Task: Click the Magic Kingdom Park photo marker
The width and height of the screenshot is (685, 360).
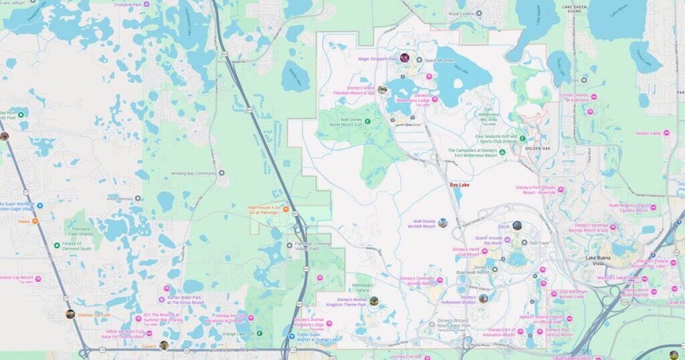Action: point(405,58)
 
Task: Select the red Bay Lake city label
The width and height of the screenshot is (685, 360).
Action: point(460,184)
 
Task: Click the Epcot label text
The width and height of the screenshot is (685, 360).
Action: point(504,227)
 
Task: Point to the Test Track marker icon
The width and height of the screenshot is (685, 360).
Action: point(524,242)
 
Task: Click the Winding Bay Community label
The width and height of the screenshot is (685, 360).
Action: point(194,173)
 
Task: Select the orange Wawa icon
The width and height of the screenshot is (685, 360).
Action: point(35,221)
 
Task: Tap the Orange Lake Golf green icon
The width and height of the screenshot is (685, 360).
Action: point(260,333)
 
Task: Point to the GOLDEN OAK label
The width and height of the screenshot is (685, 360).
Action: point(537,149)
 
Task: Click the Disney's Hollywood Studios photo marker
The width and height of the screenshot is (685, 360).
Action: point(483,298)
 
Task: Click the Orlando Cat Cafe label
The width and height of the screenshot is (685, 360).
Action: point(92,314)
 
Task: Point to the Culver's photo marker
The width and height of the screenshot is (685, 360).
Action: point(164,345)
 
